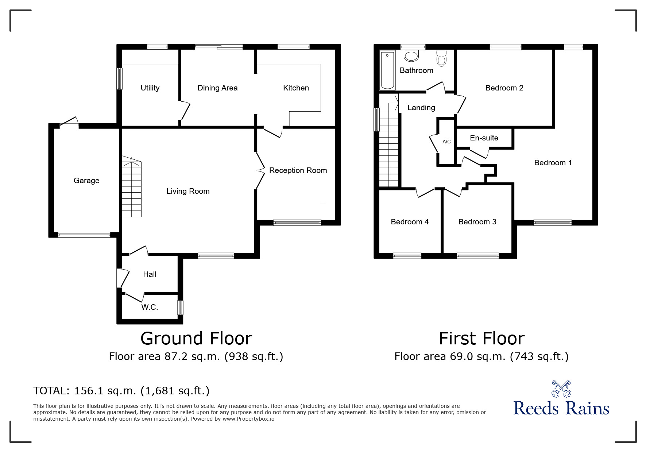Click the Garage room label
(86, 181)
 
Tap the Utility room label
(150, 88)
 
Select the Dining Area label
(217, 88)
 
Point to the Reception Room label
(298, 170)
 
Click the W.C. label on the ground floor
(150, 307)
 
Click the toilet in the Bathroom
(441, 58)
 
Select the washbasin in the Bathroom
(411, 56)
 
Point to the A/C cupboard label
(446, 142)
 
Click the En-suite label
(484, 138)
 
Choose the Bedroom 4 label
(410, 222)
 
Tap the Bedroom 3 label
(477, 222)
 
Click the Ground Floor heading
(196, 339)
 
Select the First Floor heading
(482, 339)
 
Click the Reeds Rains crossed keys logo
(561, 389)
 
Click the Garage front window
(84, 235)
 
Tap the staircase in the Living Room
(131, 186)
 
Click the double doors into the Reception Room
(260, 170)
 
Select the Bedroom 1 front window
(553, 223)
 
